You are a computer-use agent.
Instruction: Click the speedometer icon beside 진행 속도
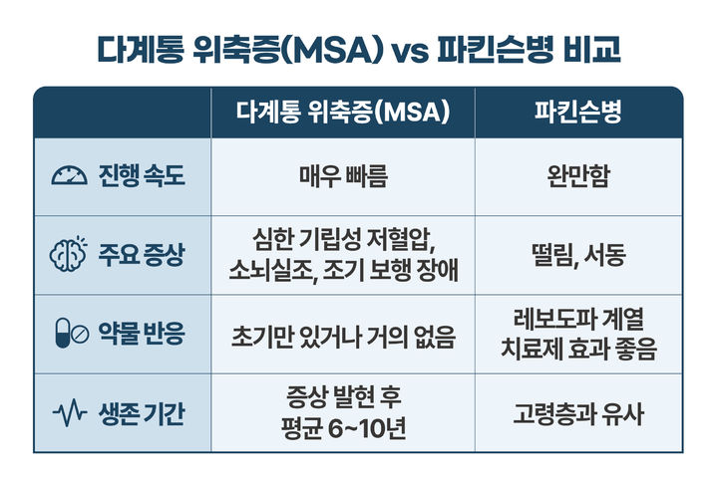pyautogui.click(x=68, y=177)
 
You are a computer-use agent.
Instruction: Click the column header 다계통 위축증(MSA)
pyautogui.click(x=342, y=112)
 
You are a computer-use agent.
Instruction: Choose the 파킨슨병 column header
pyautogui.click(x=578, y=112)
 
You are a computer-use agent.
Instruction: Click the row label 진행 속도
pyautogui.click(x=142, y=177)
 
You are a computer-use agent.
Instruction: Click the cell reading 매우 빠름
pyautogui.click(x=342, y=177)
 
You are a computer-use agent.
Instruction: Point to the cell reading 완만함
pyautogui.click(x=578, y=177)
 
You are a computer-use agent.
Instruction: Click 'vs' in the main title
pyautogui.click(x=407, y=51)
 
